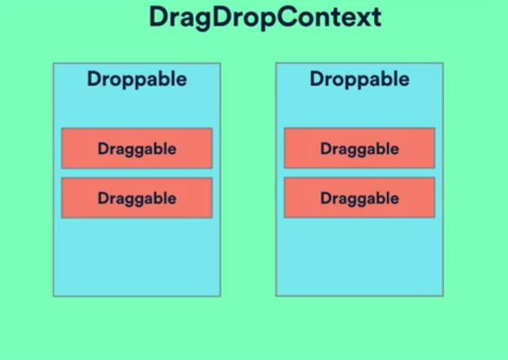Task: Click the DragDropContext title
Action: [265, 18]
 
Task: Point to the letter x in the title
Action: [363, 19]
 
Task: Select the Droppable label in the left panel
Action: [137, 79]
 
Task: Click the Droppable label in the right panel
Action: [359, 79]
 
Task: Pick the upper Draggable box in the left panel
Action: [137, 148]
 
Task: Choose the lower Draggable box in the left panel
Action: [137, 197]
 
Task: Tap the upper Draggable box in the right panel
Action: [359, 148]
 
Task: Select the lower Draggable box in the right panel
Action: [359, 197]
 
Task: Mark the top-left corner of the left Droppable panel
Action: [54, 63]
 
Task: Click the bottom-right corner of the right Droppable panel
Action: [443, 296]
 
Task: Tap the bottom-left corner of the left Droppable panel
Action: [54, 296]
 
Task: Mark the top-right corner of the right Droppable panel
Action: [443, 63]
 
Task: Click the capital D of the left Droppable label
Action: [93, 79]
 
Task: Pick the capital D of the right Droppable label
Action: [316, 79]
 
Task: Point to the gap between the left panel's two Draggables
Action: [137, 173]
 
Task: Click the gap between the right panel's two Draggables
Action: [359, 173]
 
